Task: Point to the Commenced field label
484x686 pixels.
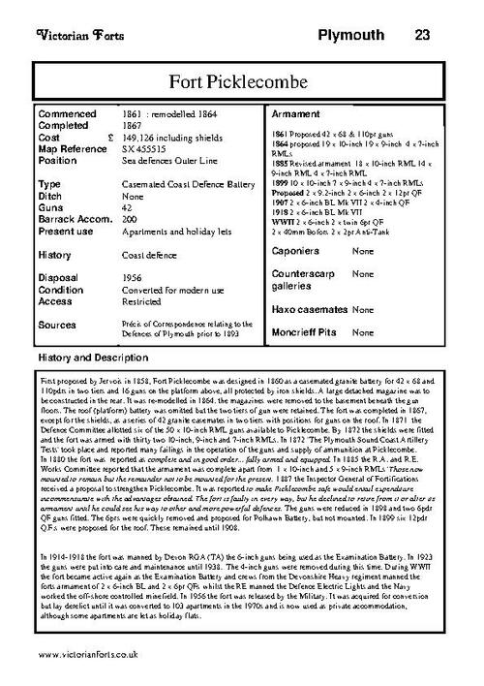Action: (x=69, y=114)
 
